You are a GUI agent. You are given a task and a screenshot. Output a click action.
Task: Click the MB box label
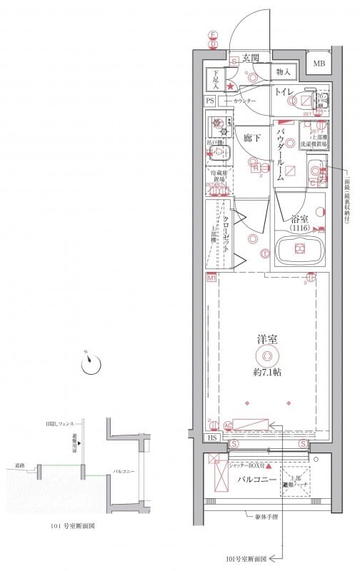click(x=319, y=64)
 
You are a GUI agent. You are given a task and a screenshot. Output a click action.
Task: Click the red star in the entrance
click(x=230, y=87)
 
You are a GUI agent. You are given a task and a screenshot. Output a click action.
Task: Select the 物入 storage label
click(x=282, y=72)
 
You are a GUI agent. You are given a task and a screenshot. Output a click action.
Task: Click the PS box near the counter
click(x=210, y=101)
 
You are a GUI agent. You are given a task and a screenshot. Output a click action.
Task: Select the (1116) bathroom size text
click(x=301, y=228)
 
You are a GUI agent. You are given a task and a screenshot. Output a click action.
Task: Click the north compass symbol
click(x=89, y=364)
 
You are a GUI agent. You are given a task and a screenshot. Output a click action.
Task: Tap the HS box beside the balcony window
click(x=211, y=438)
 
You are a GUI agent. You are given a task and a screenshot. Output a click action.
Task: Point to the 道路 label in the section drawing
click(x=19, y=465)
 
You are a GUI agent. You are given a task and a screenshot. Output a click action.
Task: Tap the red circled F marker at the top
click(x=212, y=34)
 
